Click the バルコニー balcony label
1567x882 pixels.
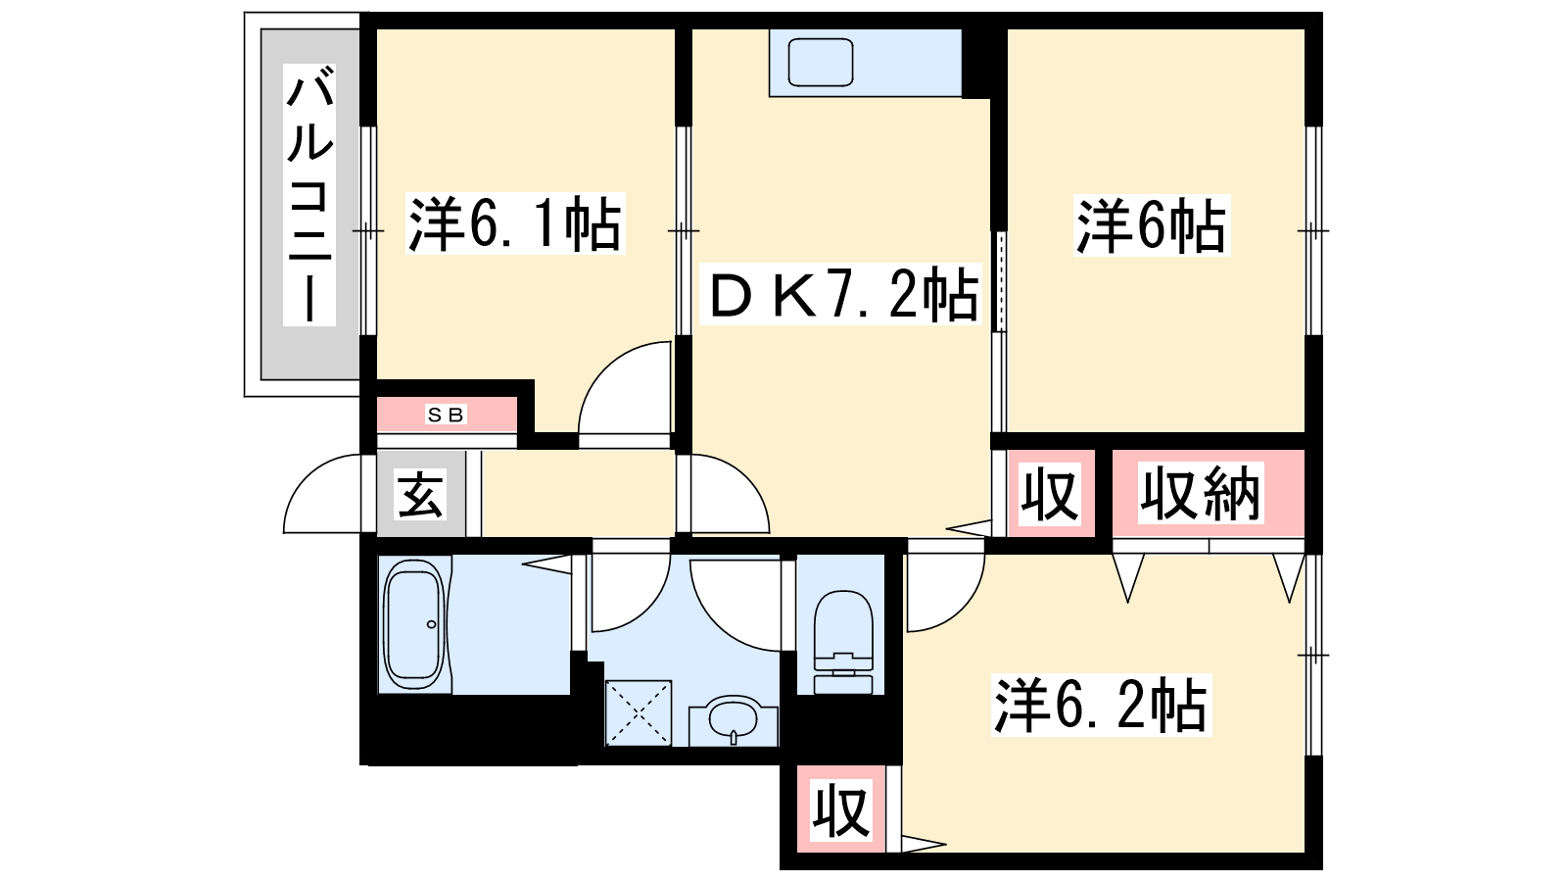coord(309,195)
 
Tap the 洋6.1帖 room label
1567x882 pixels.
coord(515,224)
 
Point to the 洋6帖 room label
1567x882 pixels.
coord(1152,225)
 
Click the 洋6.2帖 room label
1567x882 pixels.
coord(1101,706)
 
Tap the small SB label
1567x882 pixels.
coord(446,416)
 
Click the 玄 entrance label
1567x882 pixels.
coord(420,494)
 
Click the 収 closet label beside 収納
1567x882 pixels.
coord(1050,494)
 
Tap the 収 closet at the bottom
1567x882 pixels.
coord(841,809)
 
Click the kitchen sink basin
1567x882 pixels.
coord(821,63)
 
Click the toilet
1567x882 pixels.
coord(843,642)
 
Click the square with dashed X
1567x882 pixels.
coord(638,713)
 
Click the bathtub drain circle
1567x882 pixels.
coord(432,624)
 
